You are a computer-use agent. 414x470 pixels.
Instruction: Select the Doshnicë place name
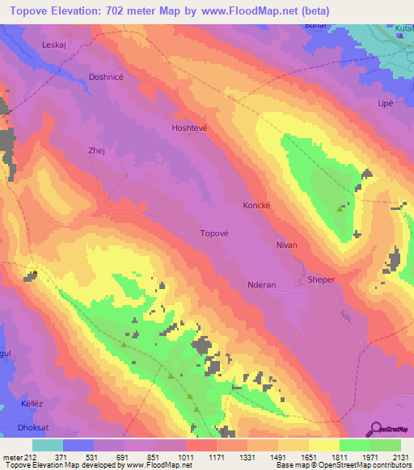[106, 77]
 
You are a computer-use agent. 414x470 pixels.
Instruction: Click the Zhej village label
[96, 149]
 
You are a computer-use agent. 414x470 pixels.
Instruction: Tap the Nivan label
[286, 245]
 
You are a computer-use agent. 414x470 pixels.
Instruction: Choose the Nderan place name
[262, 284]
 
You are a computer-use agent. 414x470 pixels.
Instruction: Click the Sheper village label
[321, 279]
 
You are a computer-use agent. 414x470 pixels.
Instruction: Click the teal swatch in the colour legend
[48, 445]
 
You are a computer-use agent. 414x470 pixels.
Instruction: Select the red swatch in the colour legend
[201, 445]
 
